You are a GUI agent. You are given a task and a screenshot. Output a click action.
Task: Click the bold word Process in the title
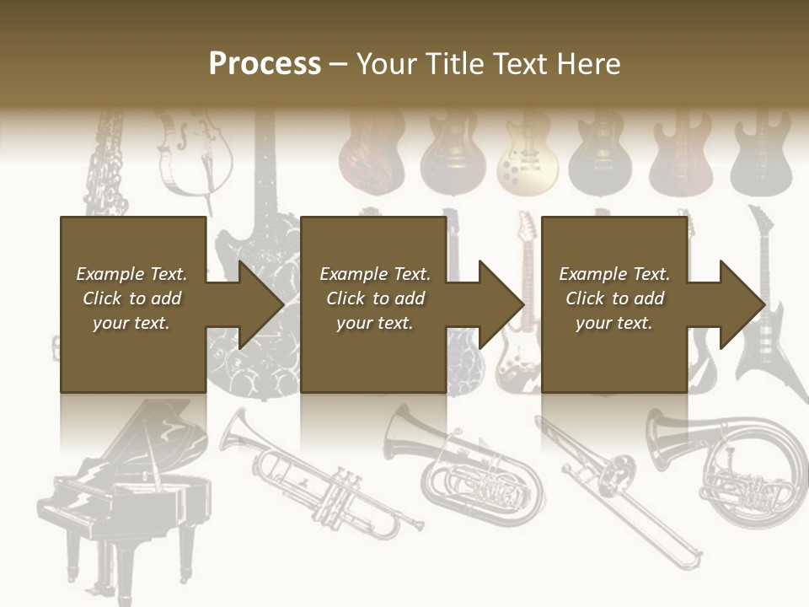coord(265,64)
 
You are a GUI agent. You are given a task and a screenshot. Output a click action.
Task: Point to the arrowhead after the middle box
coord(501,304)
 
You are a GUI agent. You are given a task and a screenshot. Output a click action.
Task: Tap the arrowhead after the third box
coord(742,304)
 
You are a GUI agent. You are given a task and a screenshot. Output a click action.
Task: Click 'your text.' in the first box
coord(131,323)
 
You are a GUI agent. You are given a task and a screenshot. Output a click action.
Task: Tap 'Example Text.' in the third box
coord(613,274)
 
